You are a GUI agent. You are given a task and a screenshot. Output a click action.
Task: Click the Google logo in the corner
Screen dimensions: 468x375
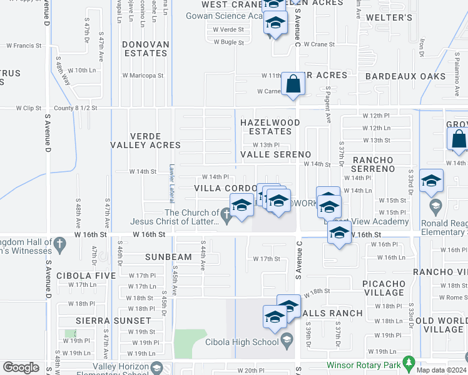pyautogui.click(x=21, y=367)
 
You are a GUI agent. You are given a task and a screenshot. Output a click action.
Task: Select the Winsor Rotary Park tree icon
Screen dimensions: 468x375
pyautogui.click(x=409, y=362)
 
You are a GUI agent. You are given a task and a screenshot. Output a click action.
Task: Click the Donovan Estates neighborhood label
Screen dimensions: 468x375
pyautogui.click(x=145, y=49)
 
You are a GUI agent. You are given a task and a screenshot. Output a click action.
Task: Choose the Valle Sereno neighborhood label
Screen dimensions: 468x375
pyautogui.click(x=275, y=154)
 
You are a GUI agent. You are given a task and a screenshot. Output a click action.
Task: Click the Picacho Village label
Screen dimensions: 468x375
pyautogui.click(x=383, y=288)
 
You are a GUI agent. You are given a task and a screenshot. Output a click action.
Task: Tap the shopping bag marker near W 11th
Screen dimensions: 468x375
pyautogui.click(x=293, y=83)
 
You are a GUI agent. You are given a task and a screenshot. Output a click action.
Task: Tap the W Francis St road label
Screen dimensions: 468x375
pyautogui.click(x=24, y=46)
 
